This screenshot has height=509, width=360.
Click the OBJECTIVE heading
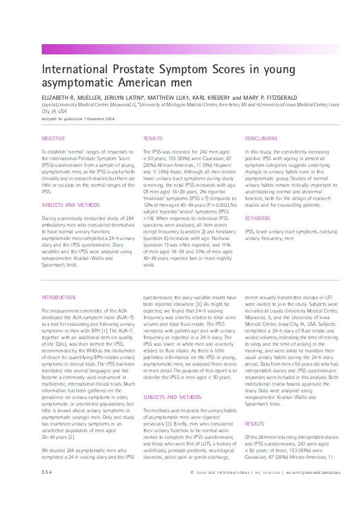(53, 138)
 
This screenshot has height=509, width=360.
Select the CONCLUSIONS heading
(261, 138)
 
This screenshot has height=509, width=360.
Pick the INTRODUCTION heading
(59, 297)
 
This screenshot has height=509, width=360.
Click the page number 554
(47, 488)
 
